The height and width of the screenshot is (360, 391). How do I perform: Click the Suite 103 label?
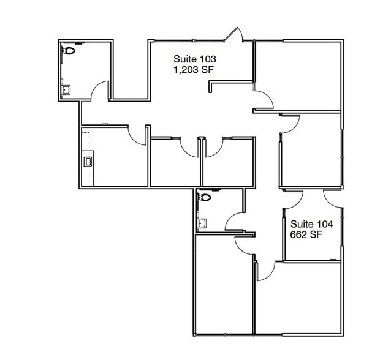195,59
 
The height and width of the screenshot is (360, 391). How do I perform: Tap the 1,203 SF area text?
194,70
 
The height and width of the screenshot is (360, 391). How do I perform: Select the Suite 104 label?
312,224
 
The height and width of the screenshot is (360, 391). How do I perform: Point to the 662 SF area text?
306,234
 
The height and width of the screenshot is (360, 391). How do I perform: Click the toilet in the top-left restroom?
69,51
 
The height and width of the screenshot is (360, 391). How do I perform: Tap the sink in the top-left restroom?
66,89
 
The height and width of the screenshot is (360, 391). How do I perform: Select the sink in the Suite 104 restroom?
202,223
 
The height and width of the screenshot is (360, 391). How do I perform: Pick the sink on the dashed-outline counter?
88,161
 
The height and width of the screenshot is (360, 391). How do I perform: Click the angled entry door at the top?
233,34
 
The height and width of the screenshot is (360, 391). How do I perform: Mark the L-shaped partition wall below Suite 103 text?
230,81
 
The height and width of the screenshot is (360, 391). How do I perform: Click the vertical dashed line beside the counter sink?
89,159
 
